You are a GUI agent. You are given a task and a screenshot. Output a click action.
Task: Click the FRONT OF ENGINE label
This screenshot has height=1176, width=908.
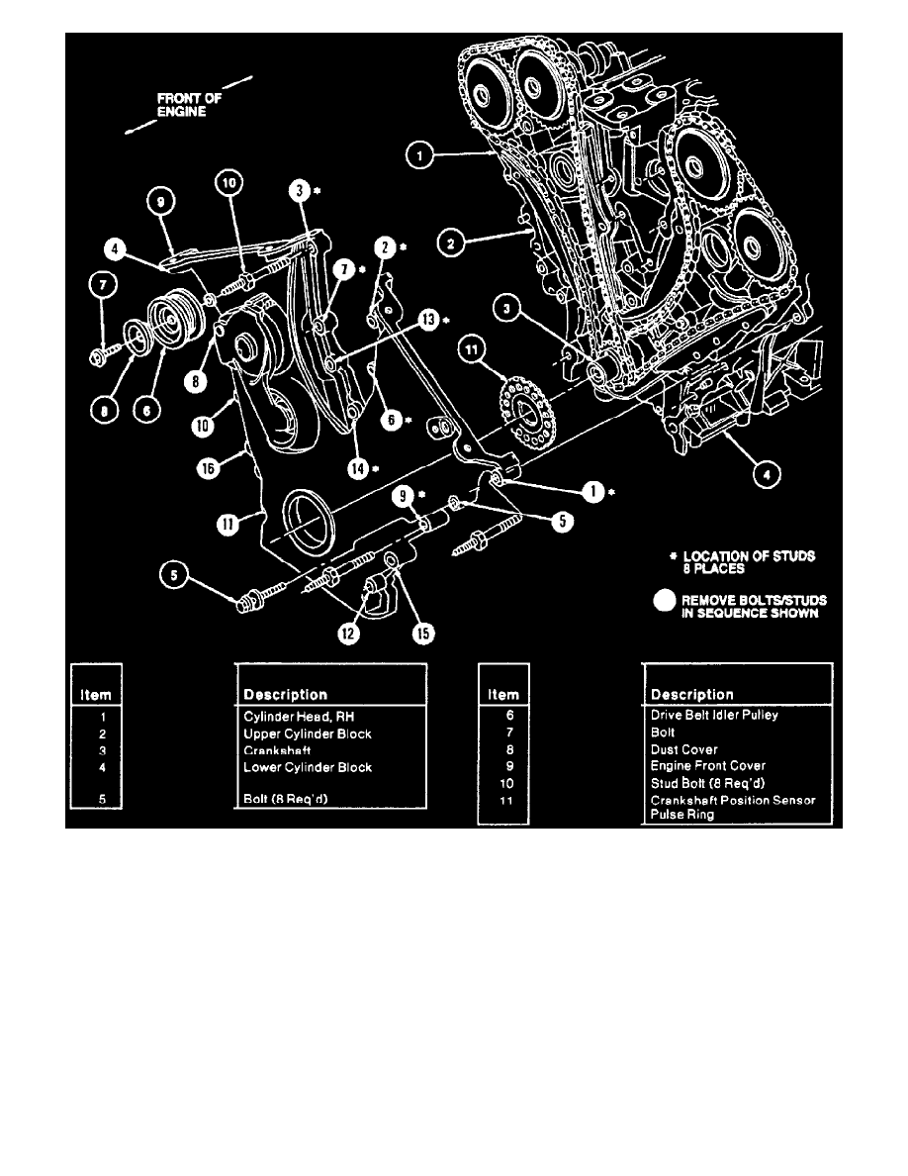click(x=184, y=105)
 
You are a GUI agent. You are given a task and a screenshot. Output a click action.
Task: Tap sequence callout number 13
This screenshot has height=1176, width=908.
click(x=427, y=319)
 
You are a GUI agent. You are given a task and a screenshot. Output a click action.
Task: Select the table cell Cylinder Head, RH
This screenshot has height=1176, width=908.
click(x=293, y=716)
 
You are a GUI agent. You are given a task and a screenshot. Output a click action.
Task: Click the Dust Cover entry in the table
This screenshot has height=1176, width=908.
click(x=684, y=750)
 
